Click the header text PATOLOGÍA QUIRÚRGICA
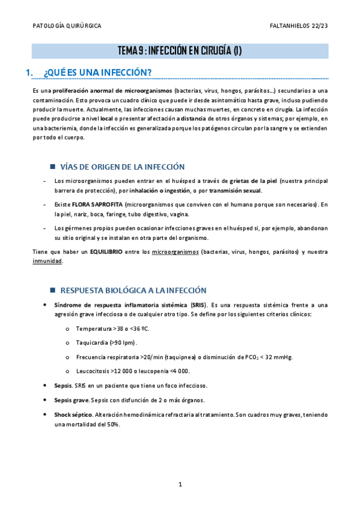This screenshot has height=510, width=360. coord(66,26)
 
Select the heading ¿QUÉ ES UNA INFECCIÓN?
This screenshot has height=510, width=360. coord(98,73)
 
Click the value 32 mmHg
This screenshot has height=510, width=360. coord(279,357)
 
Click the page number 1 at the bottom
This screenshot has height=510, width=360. coord(180,484)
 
